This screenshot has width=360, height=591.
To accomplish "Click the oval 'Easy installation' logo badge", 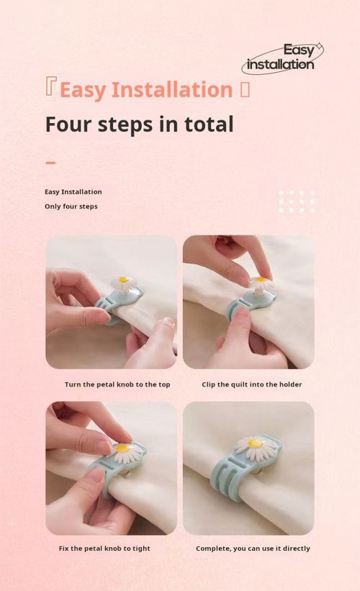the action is pos(282,58).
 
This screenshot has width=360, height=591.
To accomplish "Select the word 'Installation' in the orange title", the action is pos(172,90).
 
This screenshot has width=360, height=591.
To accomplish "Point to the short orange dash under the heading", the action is pos(50,163).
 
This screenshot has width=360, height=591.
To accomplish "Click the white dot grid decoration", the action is pos(297,202).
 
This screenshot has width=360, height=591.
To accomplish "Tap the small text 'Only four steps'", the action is pos(71,207).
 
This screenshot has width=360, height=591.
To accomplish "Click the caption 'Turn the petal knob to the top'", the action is pos(117,384).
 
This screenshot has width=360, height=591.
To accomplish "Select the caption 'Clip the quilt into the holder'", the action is pos(252,384).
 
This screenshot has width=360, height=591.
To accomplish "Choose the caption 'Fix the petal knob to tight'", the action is pos(104,549).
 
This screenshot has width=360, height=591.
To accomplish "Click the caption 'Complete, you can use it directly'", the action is pos(253,549).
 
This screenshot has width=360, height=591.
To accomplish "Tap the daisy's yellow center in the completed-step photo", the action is pos(255,443).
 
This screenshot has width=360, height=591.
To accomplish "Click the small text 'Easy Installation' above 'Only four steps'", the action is pos(73,192).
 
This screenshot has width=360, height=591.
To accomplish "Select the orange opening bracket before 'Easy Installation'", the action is pos(50,86).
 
